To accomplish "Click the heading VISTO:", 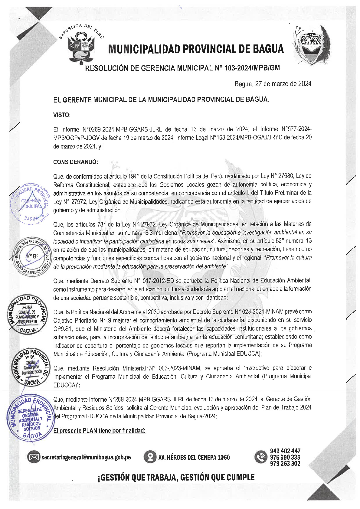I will pos(62,115).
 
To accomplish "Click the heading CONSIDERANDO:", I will pos(76,162).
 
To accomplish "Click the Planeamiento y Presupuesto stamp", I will pos(27,314).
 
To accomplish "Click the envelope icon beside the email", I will pos(34,457).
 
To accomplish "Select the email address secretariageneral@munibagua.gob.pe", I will pos(86,457).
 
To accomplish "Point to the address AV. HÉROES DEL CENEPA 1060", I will pos(194,457).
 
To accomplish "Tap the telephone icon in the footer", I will pos(260,457).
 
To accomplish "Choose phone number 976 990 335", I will pos(285,457).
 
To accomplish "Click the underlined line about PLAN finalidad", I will pos(99,430).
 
